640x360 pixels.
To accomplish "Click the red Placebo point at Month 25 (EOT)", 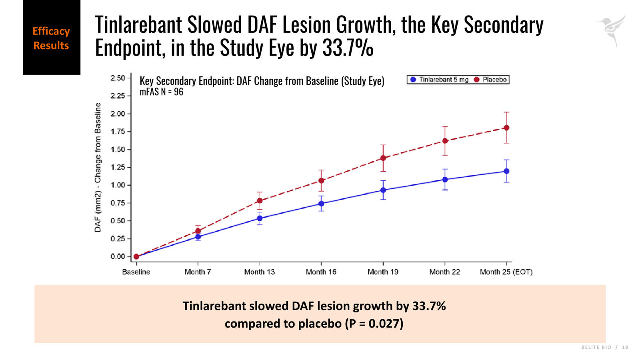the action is tap(506, 128).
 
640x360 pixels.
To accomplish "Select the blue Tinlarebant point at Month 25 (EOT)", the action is tap(506, 171).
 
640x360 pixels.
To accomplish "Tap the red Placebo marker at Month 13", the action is tap(260, 200).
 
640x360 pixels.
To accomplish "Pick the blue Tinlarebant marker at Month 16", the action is tap(321, 204).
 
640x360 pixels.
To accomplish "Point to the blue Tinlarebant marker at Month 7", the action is tap(198, 237).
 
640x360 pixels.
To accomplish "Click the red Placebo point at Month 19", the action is tap(383, 158).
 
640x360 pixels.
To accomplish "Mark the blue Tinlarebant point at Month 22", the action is tap(445, 180).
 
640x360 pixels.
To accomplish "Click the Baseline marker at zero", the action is tap(136, 256).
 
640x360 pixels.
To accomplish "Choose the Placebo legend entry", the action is tap(490, 80).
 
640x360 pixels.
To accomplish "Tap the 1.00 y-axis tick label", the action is tap(118, 185).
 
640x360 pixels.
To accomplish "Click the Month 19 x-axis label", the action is tap(383, 272).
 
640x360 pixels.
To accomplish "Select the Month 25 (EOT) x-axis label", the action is tap(506, 272).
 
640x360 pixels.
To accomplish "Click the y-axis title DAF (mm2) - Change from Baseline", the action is tap(98, 168).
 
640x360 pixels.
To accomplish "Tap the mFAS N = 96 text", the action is tap(162, 92).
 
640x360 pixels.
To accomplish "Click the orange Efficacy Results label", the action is tap(51, 38).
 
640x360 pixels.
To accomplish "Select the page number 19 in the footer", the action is tap(625, 347).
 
